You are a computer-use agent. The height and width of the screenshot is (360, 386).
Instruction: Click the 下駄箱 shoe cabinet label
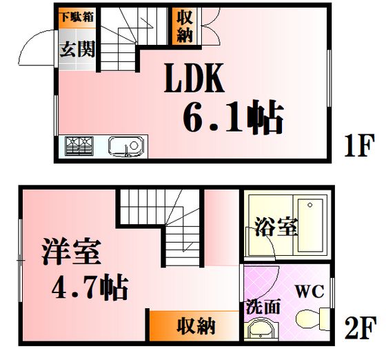77,17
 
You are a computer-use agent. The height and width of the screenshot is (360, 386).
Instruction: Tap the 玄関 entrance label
77,49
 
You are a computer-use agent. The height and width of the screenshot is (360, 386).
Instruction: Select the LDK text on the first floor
194,78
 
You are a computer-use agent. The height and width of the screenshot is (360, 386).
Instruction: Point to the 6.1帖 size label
233,117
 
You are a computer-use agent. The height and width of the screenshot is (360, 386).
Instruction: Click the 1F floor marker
359,146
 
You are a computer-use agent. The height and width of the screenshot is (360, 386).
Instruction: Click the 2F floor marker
360,328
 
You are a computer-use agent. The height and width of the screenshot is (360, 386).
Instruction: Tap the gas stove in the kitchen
79,146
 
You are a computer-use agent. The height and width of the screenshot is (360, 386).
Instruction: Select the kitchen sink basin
126,146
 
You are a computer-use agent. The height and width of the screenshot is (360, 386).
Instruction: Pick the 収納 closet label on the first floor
185,26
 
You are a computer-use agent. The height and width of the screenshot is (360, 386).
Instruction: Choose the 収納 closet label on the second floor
196,326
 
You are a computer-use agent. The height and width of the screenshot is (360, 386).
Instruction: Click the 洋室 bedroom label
71,252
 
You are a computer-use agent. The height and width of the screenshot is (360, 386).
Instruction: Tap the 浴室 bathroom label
276,227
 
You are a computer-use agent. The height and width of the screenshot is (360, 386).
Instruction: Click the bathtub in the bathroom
310,226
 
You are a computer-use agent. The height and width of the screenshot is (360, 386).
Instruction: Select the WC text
309,291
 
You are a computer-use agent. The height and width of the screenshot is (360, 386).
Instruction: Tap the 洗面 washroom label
263,307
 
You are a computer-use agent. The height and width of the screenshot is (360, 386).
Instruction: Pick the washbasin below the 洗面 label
263,330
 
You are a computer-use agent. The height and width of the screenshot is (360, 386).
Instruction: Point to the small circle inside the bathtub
310,205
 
